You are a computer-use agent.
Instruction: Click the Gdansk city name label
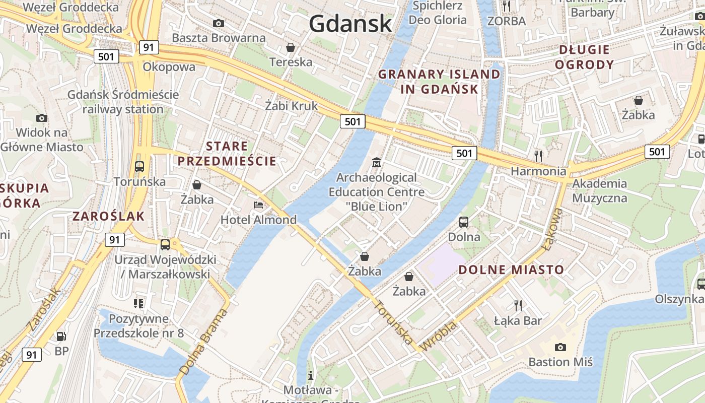tap(350, 24)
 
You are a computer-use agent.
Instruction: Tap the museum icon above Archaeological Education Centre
tap(376, 163)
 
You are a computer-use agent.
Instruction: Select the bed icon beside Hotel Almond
tap(258, 205)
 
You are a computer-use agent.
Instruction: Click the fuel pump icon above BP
tap(61, 336)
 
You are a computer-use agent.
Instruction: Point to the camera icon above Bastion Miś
tap(560, 347)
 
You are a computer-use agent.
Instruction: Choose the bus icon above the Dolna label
tap(464, 222)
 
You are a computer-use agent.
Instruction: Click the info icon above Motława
tap(311, 375)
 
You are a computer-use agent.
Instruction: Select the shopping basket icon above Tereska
tap(291, 47)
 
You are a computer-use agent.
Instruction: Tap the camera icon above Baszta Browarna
tap(219, 23)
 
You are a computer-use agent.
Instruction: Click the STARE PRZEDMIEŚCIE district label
tap(228, 154)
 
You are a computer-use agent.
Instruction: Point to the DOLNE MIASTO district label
tap(511, 270)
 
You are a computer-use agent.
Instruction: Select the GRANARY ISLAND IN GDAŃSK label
tap(439, 82)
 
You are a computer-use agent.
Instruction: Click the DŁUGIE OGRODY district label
tap(587, 57)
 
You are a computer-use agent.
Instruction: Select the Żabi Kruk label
tap(292, 106)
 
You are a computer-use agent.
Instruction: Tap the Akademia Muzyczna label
tap(599, 190)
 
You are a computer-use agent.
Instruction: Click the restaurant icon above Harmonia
tap(538, 155)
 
